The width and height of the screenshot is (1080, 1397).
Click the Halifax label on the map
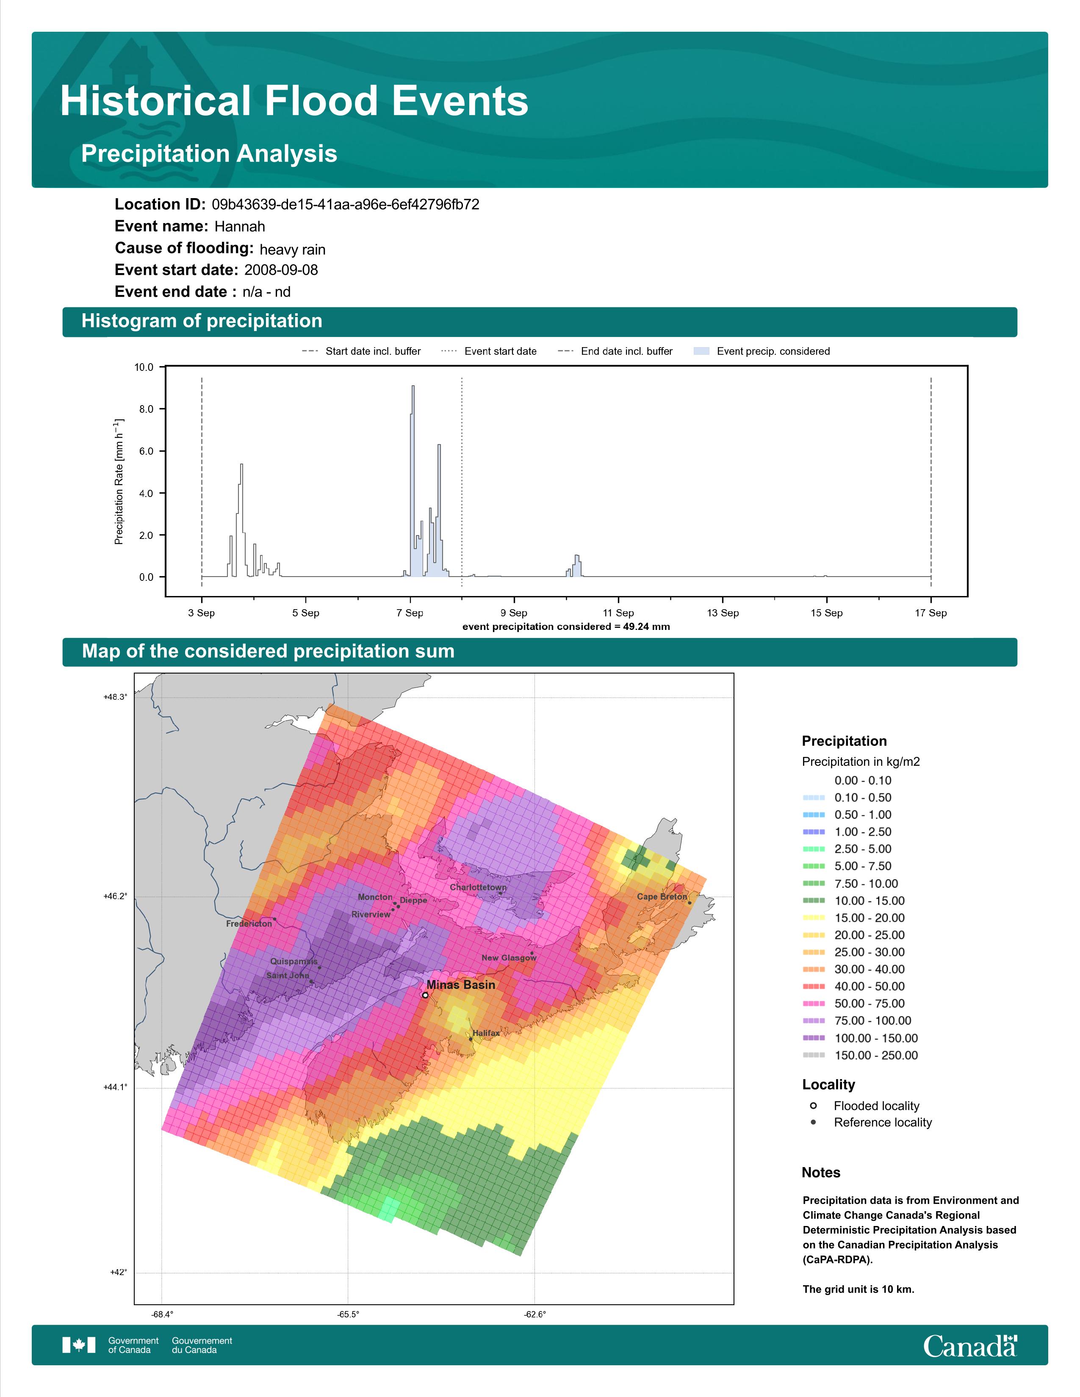point(486,1033)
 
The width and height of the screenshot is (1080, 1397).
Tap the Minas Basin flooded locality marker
point(425,995)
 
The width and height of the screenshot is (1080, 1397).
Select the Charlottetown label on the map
point(478,887)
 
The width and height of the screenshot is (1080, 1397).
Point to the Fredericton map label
point(249,924)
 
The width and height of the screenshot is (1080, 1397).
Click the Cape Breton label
point(662,897)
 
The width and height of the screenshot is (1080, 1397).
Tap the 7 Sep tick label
point(410,613)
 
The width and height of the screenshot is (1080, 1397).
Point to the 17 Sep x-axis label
point(930,613)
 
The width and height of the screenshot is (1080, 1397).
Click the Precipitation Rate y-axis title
point(119,482)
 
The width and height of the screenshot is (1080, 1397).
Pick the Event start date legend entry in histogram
point(489,351)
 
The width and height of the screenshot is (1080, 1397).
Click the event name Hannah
point(239,226)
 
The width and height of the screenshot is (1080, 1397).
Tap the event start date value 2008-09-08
point(281,270)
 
